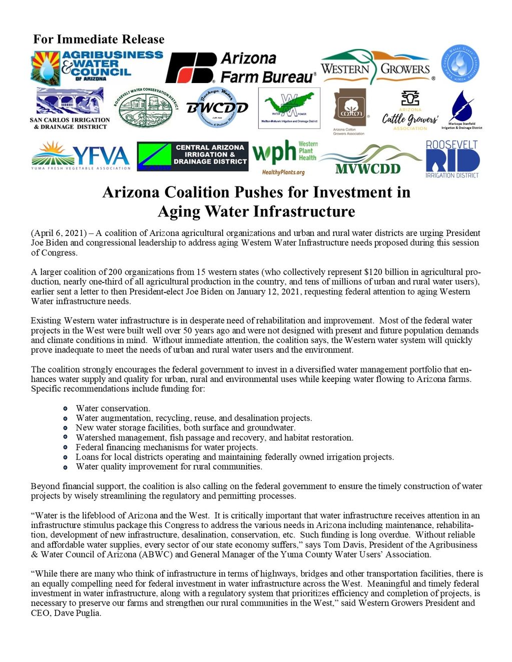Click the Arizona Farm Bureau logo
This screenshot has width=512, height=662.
click(241, 67)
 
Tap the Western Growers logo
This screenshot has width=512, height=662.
click(376, 67)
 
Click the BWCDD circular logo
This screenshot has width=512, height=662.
click(217, 107)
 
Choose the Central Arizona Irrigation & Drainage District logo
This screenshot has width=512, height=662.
click(192, 156)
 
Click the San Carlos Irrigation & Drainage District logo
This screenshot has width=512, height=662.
click(70, 108)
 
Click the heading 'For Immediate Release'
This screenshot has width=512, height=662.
click(99, 39)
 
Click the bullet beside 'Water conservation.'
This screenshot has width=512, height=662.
click(65, 408)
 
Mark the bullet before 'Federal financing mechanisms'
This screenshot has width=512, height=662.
click(65, 447)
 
